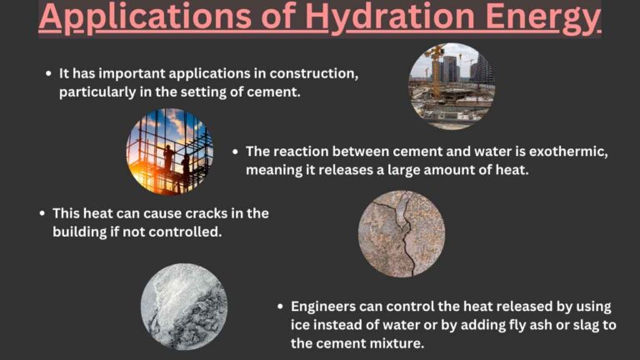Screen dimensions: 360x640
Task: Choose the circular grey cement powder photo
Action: pyautogui.click(x=183, y=306)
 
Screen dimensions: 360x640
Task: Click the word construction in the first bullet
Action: pyautogui.click(x=312, y=73)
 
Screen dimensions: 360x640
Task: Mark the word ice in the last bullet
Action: pyautogui.click(x=302, y=324)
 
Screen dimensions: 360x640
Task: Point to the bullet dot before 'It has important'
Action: pyautogui.click(x=48, y=73)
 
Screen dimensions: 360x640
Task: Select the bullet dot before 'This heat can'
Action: pyautogui.click(x=42, y=213)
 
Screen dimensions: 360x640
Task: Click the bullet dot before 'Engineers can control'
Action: pyautogui.click(x=281, y=306)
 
